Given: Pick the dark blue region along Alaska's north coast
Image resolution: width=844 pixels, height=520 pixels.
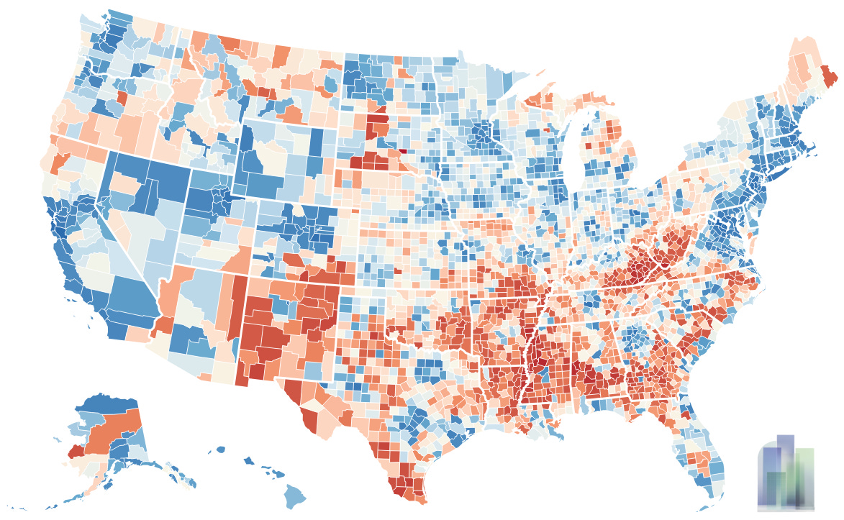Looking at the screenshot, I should pos(108,403).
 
